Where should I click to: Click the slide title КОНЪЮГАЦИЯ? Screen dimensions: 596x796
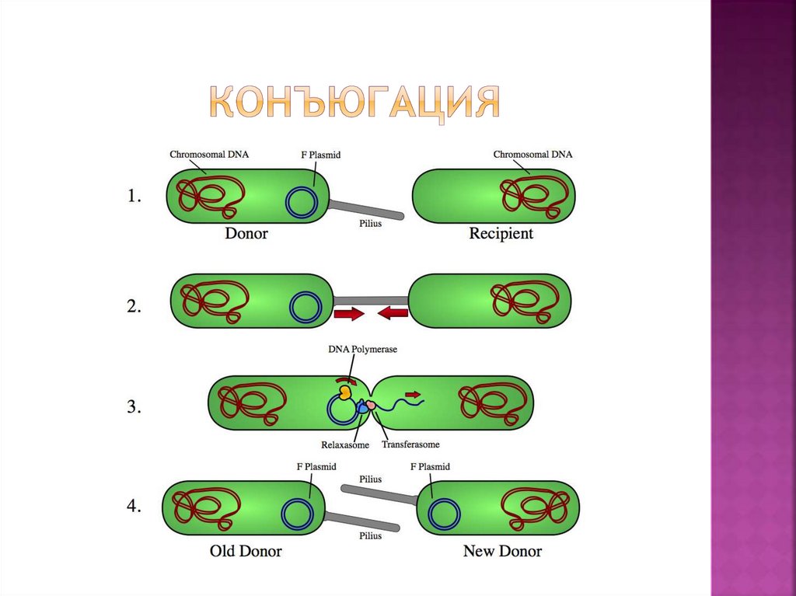tap(354, 102)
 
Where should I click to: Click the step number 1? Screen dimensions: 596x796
tap(134, 197)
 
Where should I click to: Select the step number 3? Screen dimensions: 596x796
tap(134, 406)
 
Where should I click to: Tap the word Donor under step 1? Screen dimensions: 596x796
tap(246, 233)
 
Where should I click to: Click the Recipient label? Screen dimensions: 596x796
tap(501, 233)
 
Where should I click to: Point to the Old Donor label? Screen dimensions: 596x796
tap(246, 551)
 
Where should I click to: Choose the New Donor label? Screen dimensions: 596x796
tap(502, 551)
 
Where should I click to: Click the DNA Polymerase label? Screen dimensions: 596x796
tap(362, 350)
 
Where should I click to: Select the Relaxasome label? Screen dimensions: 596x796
tap(345, 445)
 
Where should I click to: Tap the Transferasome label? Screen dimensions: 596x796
tap(411, 444)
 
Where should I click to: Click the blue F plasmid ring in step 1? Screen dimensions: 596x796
tap(302, 202)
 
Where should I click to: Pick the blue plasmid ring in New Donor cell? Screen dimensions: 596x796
tap(444, 513)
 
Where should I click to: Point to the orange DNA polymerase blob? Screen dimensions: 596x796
tap(346, 391)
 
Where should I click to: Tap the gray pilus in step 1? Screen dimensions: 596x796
tap(365, 209)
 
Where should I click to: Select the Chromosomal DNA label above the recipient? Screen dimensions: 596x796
tap(532, 155)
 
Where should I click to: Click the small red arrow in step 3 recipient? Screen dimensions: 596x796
tap(411, 394)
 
